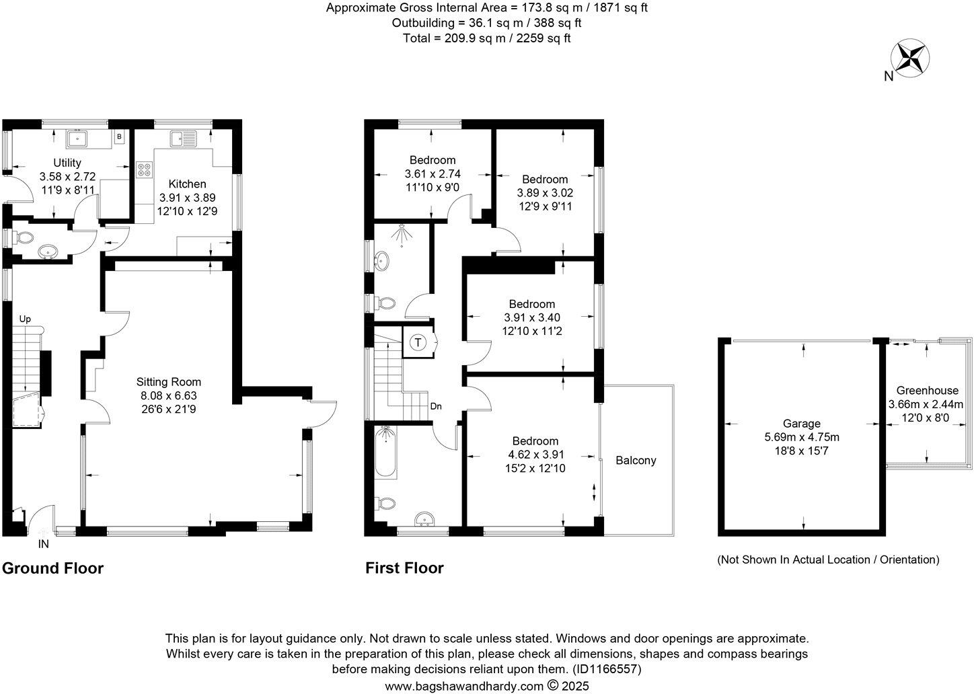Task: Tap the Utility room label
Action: [x=67, y=163]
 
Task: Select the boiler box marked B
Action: [x=120, y=137]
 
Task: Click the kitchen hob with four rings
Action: [x=144, y=169]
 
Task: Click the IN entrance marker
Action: [x=44, y=543]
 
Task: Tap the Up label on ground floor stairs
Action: [x=25, y=319]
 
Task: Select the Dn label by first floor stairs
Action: [x=436, y=406]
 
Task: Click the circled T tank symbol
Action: [x=418, y=343]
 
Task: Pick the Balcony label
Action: [x=636, y=461]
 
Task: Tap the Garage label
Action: [x=801, y=424]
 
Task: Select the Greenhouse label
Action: [x=927, y=391]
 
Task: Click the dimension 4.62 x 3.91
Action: [x=535, y=455]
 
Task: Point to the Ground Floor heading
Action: [x=53, y=568]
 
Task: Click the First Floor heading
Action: [x=404, y=568]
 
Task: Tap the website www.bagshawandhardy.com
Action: [x=463, y=686]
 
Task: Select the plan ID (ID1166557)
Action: [x=606, y=669]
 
